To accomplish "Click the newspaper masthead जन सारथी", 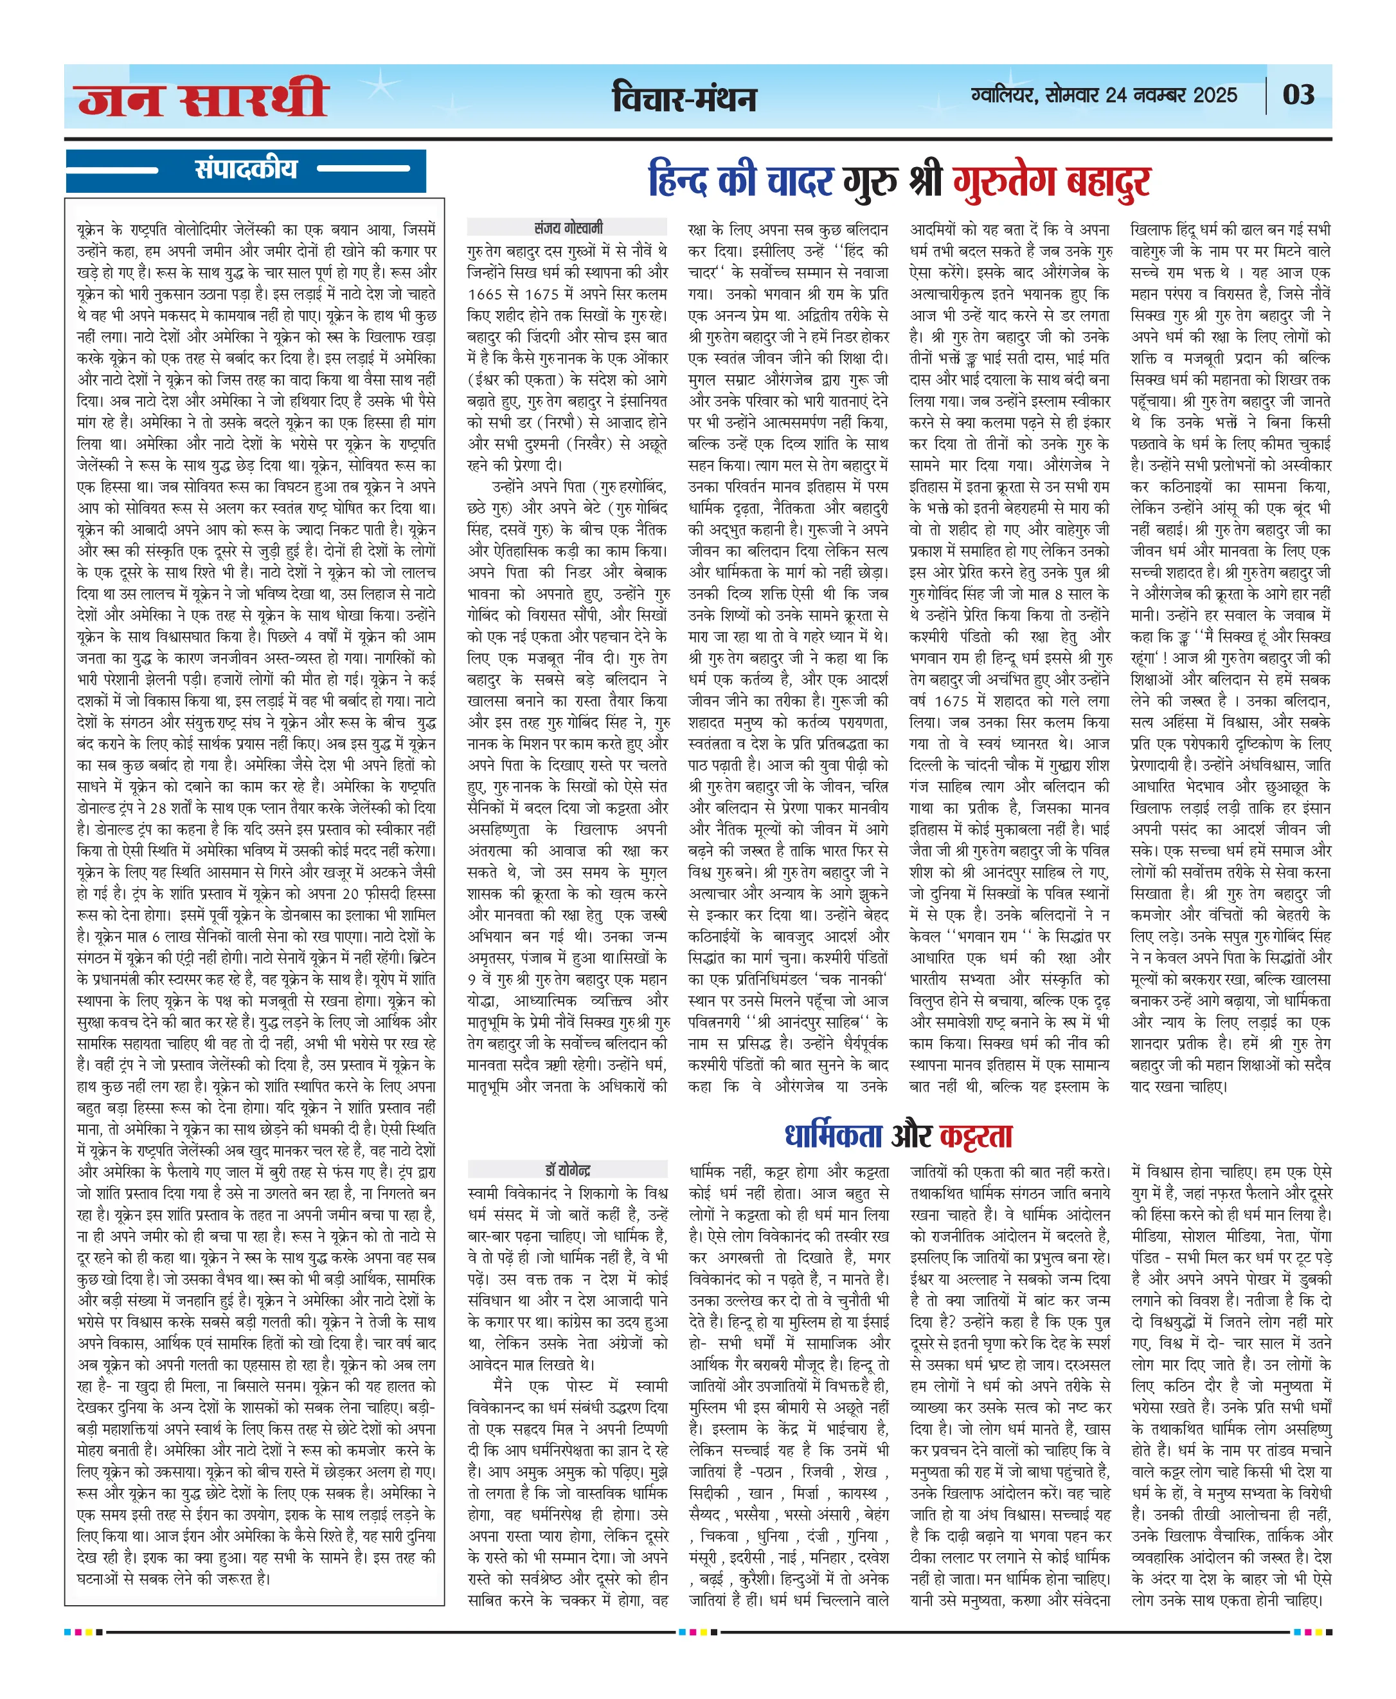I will tap(202, 98).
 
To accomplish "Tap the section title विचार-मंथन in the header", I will tap(685, 99).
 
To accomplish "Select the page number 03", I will tap(1298, 95).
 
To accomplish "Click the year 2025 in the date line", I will tap(1215, 95).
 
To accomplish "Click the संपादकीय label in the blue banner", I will tap(246, 169).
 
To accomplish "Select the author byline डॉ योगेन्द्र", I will tap(568, 1170).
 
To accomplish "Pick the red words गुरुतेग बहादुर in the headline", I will tap(1052, 181).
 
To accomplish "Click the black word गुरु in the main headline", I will tap(870, 181).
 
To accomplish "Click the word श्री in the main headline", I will tap(925, 181).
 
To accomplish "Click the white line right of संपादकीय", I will tap(364, 169).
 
